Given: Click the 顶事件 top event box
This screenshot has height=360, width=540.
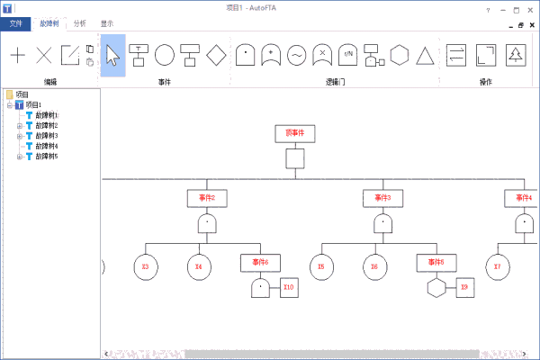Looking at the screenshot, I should click(295, 133).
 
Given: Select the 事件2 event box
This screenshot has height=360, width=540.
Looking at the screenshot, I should click(207, 197).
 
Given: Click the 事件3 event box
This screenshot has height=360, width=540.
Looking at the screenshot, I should click(382, 197).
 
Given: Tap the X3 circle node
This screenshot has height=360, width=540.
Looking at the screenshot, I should click(146, 266).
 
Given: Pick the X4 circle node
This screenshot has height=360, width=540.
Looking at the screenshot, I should click(199, 266).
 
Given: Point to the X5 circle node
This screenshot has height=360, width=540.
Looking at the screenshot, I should click(321, 266).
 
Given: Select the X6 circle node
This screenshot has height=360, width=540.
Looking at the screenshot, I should click(374, 266).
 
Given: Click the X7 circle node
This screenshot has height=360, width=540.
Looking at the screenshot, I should click(497, 266).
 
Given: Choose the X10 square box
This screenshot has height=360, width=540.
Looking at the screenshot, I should click(288, 288).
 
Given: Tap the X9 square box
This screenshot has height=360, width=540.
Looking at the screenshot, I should click(463, 288).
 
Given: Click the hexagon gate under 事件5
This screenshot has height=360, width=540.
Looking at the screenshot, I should click(436, 288).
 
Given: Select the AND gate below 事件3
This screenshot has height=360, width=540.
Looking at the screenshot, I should click(382, 223).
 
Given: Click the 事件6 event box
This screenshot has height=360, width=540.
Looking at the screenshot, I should click(260, 262).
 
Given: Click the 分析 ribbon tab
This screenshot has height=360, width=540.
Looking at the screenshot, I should click(80, 23).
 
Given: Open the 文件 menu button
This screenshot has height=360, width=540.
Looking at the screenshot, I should click(16, 23).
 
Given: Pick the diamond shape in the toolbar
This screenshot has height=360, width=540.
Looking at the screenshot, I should click(215, 55).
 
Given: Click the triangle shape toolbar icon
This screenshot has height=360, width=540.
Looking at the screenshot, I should click(426, 55).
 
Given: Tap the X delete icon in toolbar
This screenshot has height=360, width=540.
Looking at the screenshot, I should click(43, 55).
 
